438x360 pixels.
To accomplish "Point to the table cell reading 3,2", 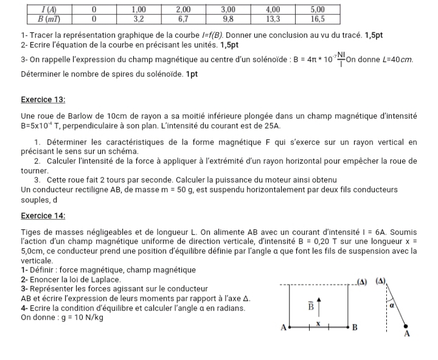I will click(x=139, y=19).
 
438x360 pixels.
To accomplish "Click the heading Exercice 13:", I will click(x=43, y=99).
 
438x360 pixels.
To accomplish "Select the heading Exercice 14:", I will click(x=43, y=216).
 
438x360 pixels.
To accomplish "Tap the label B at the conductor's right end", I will click(x=355, y=328).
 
